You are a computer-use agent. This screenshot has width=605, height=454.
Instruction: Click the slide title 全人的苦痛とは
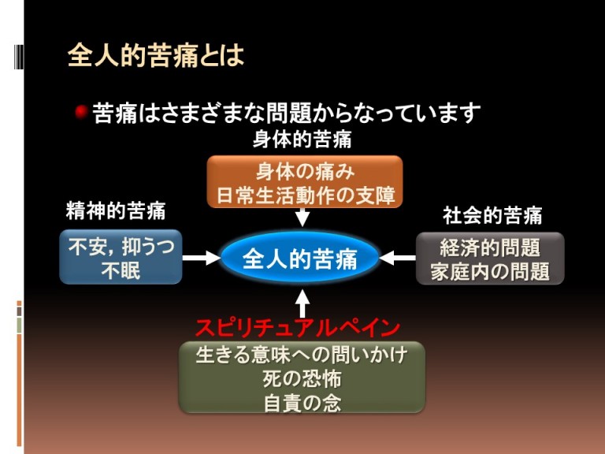(155, 55)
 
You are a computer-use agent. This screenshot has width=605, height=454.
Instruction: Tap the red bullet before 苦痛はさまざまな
(80, 113)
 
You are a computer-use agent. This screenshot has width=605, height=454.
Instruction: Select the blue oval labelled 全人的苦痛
(299, 258)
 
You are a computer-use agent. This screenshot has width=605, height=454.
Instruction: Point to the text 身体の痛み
(304, 170)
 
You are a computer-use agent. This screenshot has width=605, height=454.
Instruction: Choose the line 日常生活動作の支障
(304, 194)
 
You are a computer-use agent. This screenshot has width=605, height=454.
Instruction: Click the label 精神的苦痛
(115, 212)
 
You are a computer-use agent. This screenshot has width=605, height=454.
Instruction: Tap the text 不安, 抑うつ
(121, 247)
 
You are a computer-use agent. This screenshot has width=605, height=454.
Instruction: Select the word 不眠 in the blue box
(121, 270)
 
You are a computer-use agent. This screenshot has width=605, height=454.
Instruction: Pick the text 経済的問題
(489, 247)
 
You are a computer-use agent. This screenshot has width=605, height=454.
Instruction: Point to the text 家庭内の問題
(489, 271)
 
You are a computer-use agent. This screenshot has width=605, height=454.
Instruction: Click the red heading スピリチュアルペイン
(298, 328)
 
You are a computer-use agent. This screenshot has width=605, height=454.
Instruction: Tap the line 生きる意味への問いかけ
(302, 355)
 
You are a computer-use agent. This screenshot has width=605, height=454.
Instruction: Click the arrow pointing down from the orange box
(302, 218)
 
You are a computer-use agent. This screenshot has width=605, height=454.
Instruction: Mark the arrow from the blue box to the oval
(201, 258)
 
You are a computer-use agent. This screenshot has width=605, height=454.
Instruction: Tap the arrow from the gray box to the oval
(398, 258)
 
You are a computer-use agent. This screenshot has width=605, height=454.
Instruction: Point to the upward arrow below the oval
(302, 303)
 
